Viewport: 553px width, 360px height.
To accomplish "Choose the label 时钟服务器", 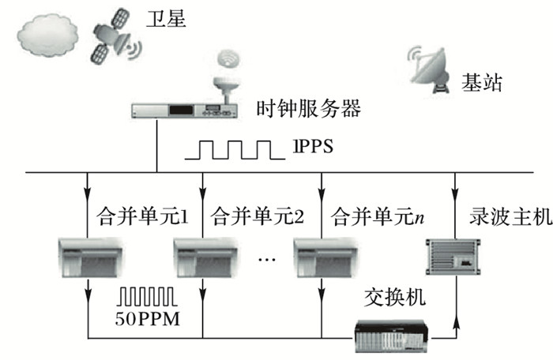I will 309,108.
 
